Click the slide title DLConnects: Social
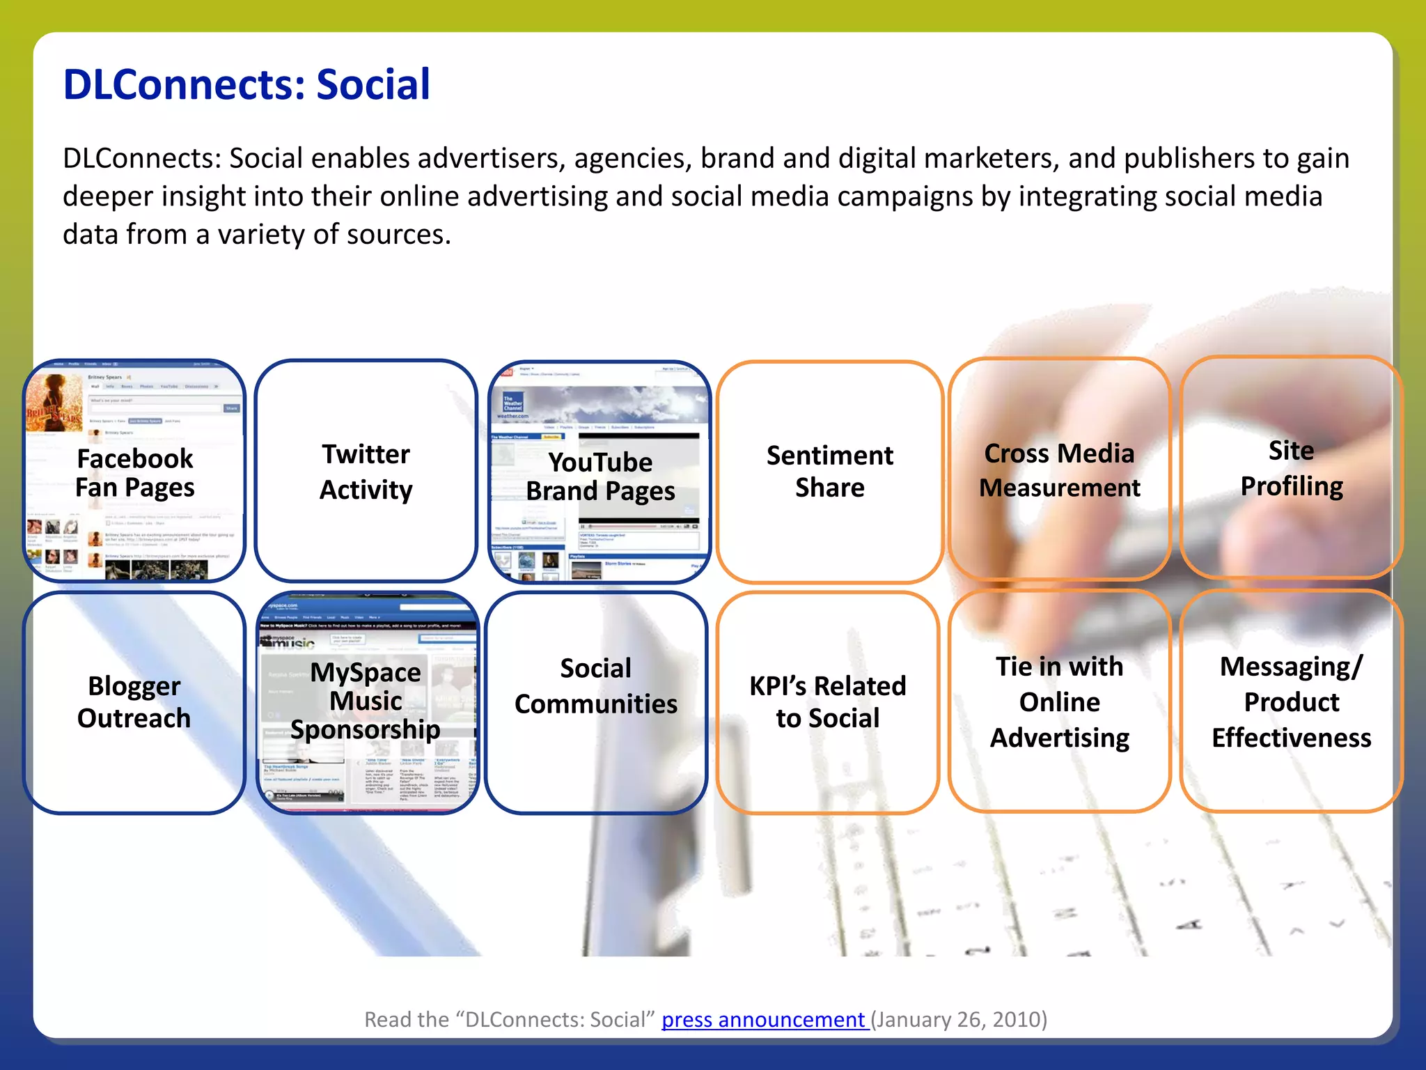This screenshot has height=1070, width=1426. [246, 85]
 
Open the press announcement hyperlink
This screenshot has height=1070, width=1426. [763, 1019]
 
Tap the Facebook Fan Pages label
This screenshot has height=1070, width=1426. [134, 473]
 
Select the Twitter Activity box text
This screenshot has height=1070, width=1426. [366, 472]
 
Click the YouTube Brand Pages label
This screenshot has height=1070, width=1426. [600, 476]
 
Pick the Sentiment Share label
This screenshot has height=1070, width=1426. [829, 472]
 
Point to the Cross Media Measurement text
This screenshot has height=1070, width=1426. [1059, 470]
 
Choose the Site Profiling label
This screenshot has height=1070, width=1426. [1292, 468]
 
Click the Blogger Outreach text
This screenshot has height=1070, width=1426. [134, 702]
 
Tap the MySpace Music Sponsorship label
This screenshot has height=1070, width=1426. [366, 701]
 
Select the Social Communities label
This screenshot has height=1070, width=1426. [596, 686]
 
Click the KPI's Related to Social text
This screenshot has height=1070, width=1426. [828, 702]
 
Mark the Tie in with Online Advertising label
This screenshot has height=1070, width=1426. [1059, 702]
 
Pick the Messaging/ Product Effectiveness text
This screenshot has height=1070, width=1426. [1292, 702]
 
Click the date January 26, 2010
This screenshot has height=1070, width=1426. [959, 1019]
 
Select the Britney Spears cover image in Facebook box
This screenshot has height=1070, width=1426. [54, 403]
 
